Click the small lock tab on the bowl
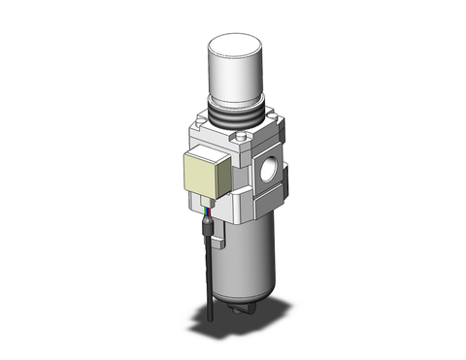[x=216, y=231]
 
